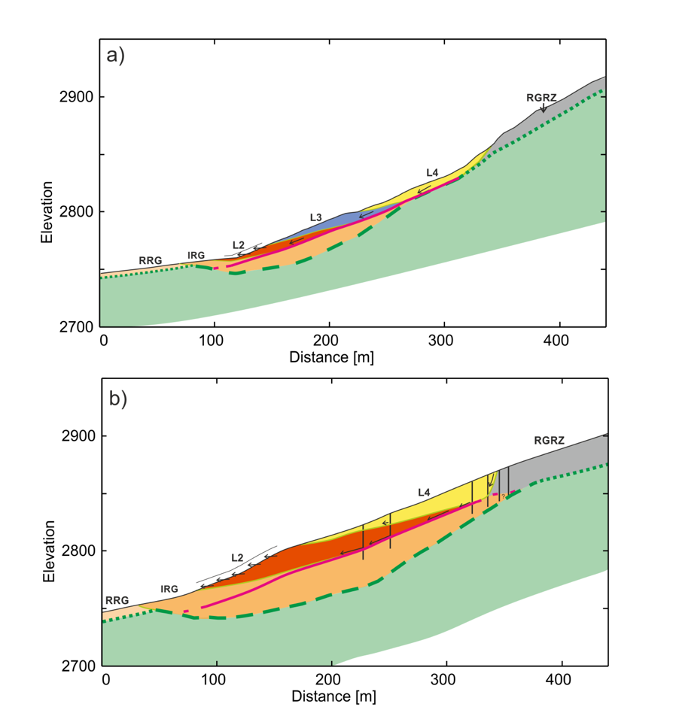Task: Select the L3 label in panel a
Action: pyautogui.click(x=316, y=217)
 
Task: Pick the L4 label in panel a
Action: pyautogui.click(x=431, y=172)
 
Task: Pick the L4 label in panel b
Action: pyautogui.click(x=425, y=493)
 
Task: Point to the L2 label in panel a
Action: pyautogui.click(x=238, y=244)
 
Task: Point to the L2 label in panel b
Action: pyautogui.click(x=237, y=558)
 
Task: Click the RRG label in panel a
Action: pyautogui.click(x=151, y=260)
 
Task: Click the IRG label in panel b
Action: pyautogui.click(x=169, y=589)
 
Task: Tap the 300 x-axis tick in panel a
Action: pyautogui.click(x=444, y=340)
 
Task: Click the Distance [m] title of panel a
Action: pyautogui.click(x=331, y=357)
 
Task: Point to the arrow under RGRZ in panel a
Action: pyautogui.click(x=544, y=108)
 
